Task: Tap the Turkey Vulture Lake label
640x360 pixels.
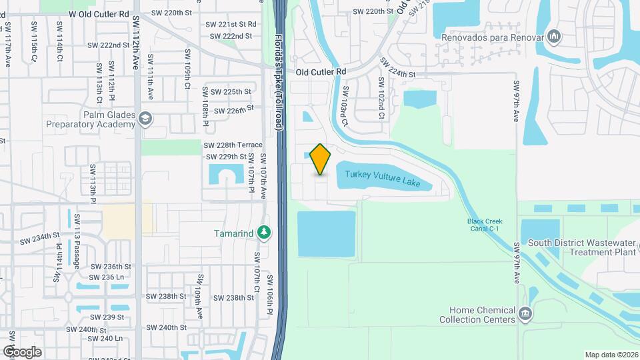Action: coord(383,178)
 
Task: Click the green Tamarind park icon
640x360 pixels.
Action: coord(266,232)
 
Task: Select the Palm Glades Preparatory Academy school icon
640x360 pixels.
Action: coord(145,119)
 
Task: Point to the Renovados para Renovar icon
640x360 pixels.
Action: coord(553,35)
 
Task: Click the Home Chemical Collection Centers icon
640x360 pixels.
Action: coord(525,313)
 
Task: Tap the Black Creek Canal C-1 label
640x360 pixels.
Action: coord(484,225)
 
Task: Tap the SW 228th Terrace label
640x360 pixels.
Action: coord(233,145)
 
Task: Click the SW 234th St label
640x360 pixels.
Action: coord(39,238)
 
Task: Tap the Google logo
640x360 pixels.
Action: coord(22,351)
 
